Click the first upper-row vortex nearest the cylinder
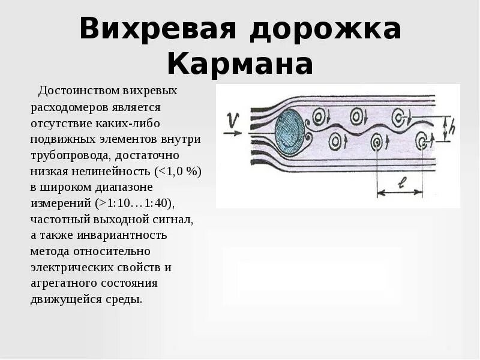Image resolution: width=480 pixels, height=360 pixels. coord(320,115)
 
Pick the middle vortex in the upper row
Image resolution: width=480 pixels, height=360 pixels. coord(358,114)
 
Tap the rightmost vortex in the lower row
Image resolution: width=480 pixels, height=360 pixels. coord(422,142)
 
